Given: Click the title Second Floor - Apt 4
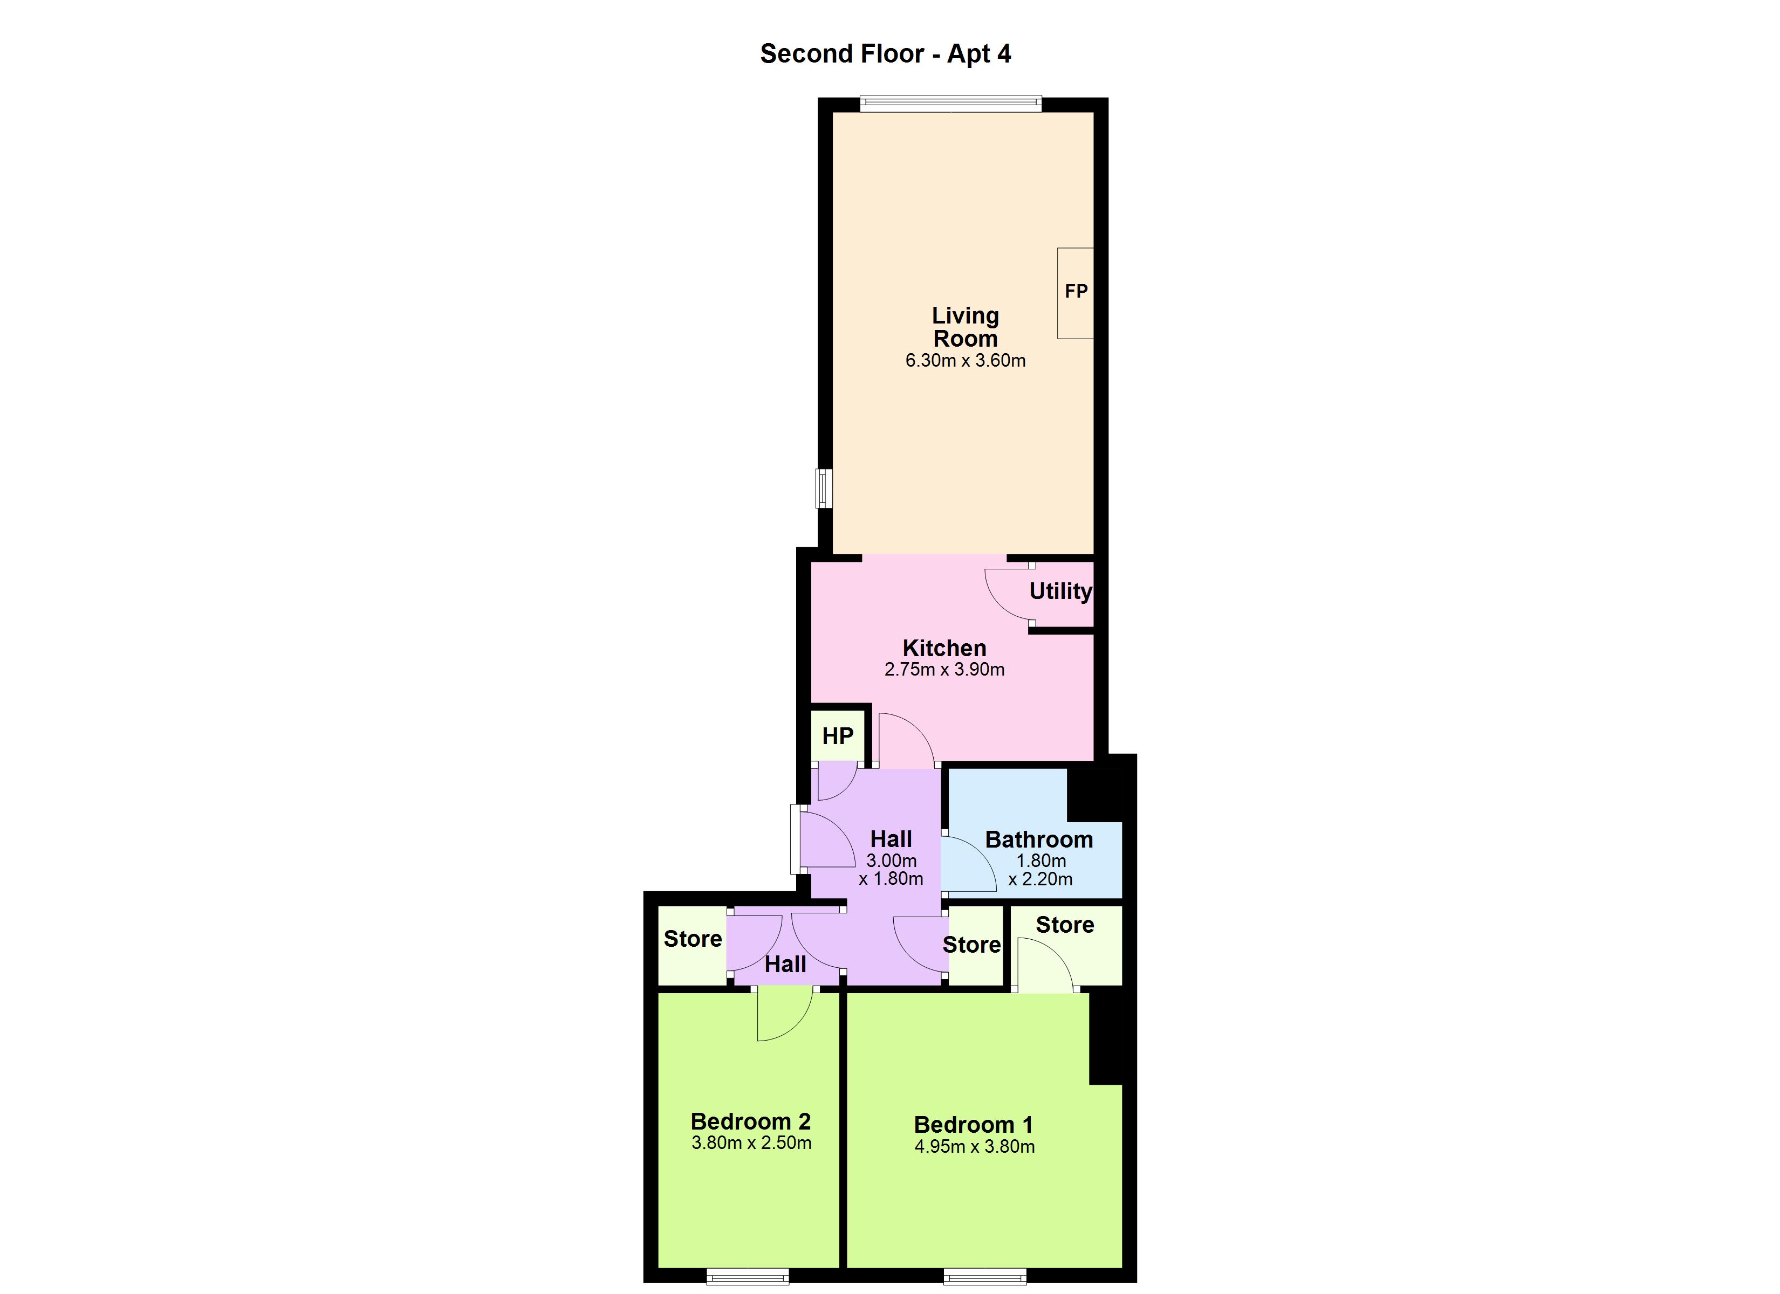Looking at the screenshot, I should coord(885,54).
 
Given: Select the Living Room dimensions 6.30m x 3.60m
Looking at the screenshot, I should coord(966,361).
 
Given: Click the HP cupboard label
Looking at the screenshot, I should coord(838,736).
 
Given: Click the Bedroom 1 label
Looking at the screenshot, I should coord(973,1125).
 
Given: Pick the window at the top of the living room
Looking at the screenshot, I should coord(950,104).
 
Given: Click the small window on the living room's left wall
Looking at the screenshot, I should coord(823,488).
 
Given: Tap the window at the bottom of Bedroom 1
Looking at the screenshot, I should coord(985,1276).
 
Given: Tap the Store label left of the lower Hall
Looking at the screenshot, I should coord(692,939).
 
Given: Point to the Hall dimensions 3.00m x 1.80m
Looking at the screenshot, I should coord(891,870).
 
